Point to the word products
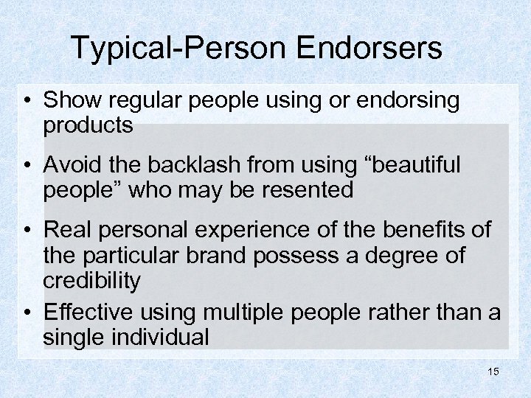(88, 125)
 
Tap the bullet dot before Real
(27, 231)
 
